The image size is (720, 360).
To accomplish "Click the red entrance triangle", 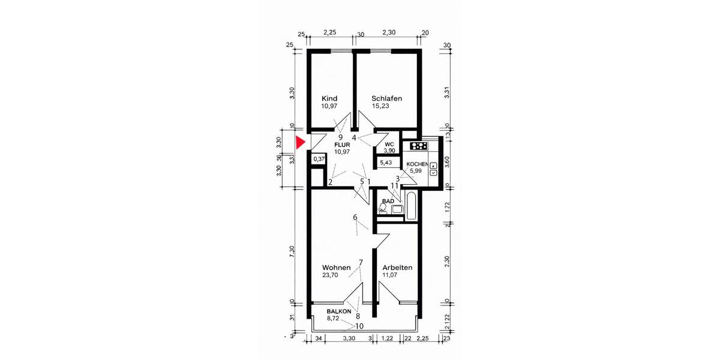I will tap(301, 143).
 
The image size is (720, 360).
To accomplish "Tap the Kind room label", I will tap(329, 98).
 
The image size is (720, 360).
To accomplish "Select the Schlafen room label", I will tap(386, 98).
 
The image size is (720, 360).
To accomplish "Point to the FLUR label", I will tap(341, 145).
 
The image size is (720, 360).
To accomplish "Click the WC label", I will tap(389, 145).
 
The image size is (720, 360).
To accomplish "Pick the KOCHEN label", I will tap(417, 164).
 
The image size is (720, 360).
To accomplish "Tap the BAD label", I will tap(388, 202).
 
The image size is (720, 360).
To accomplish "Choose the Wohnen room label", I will tap(336, 268).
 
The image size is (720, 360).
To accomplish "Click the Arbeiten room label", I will tap(397, 268).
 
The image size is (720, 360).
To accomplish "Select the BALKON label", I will tap(339, 312).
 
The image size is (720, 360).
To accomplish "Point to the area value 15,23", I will tap(381, 106).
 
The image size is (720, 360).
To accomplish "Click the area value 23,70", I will tap(331, 275).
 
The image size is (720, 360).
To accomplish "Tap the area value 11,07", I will tap(391, 275).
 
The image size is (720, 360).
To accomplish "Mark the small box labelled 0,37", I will tap(320, 159).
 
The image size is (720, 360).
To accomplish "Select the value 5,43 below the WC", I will tap(386, 163).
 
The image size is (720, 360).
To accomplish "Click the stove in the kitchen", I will tap(418, 146).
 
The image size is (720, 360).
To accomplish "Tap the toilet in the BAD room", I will tap(383, 208).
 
